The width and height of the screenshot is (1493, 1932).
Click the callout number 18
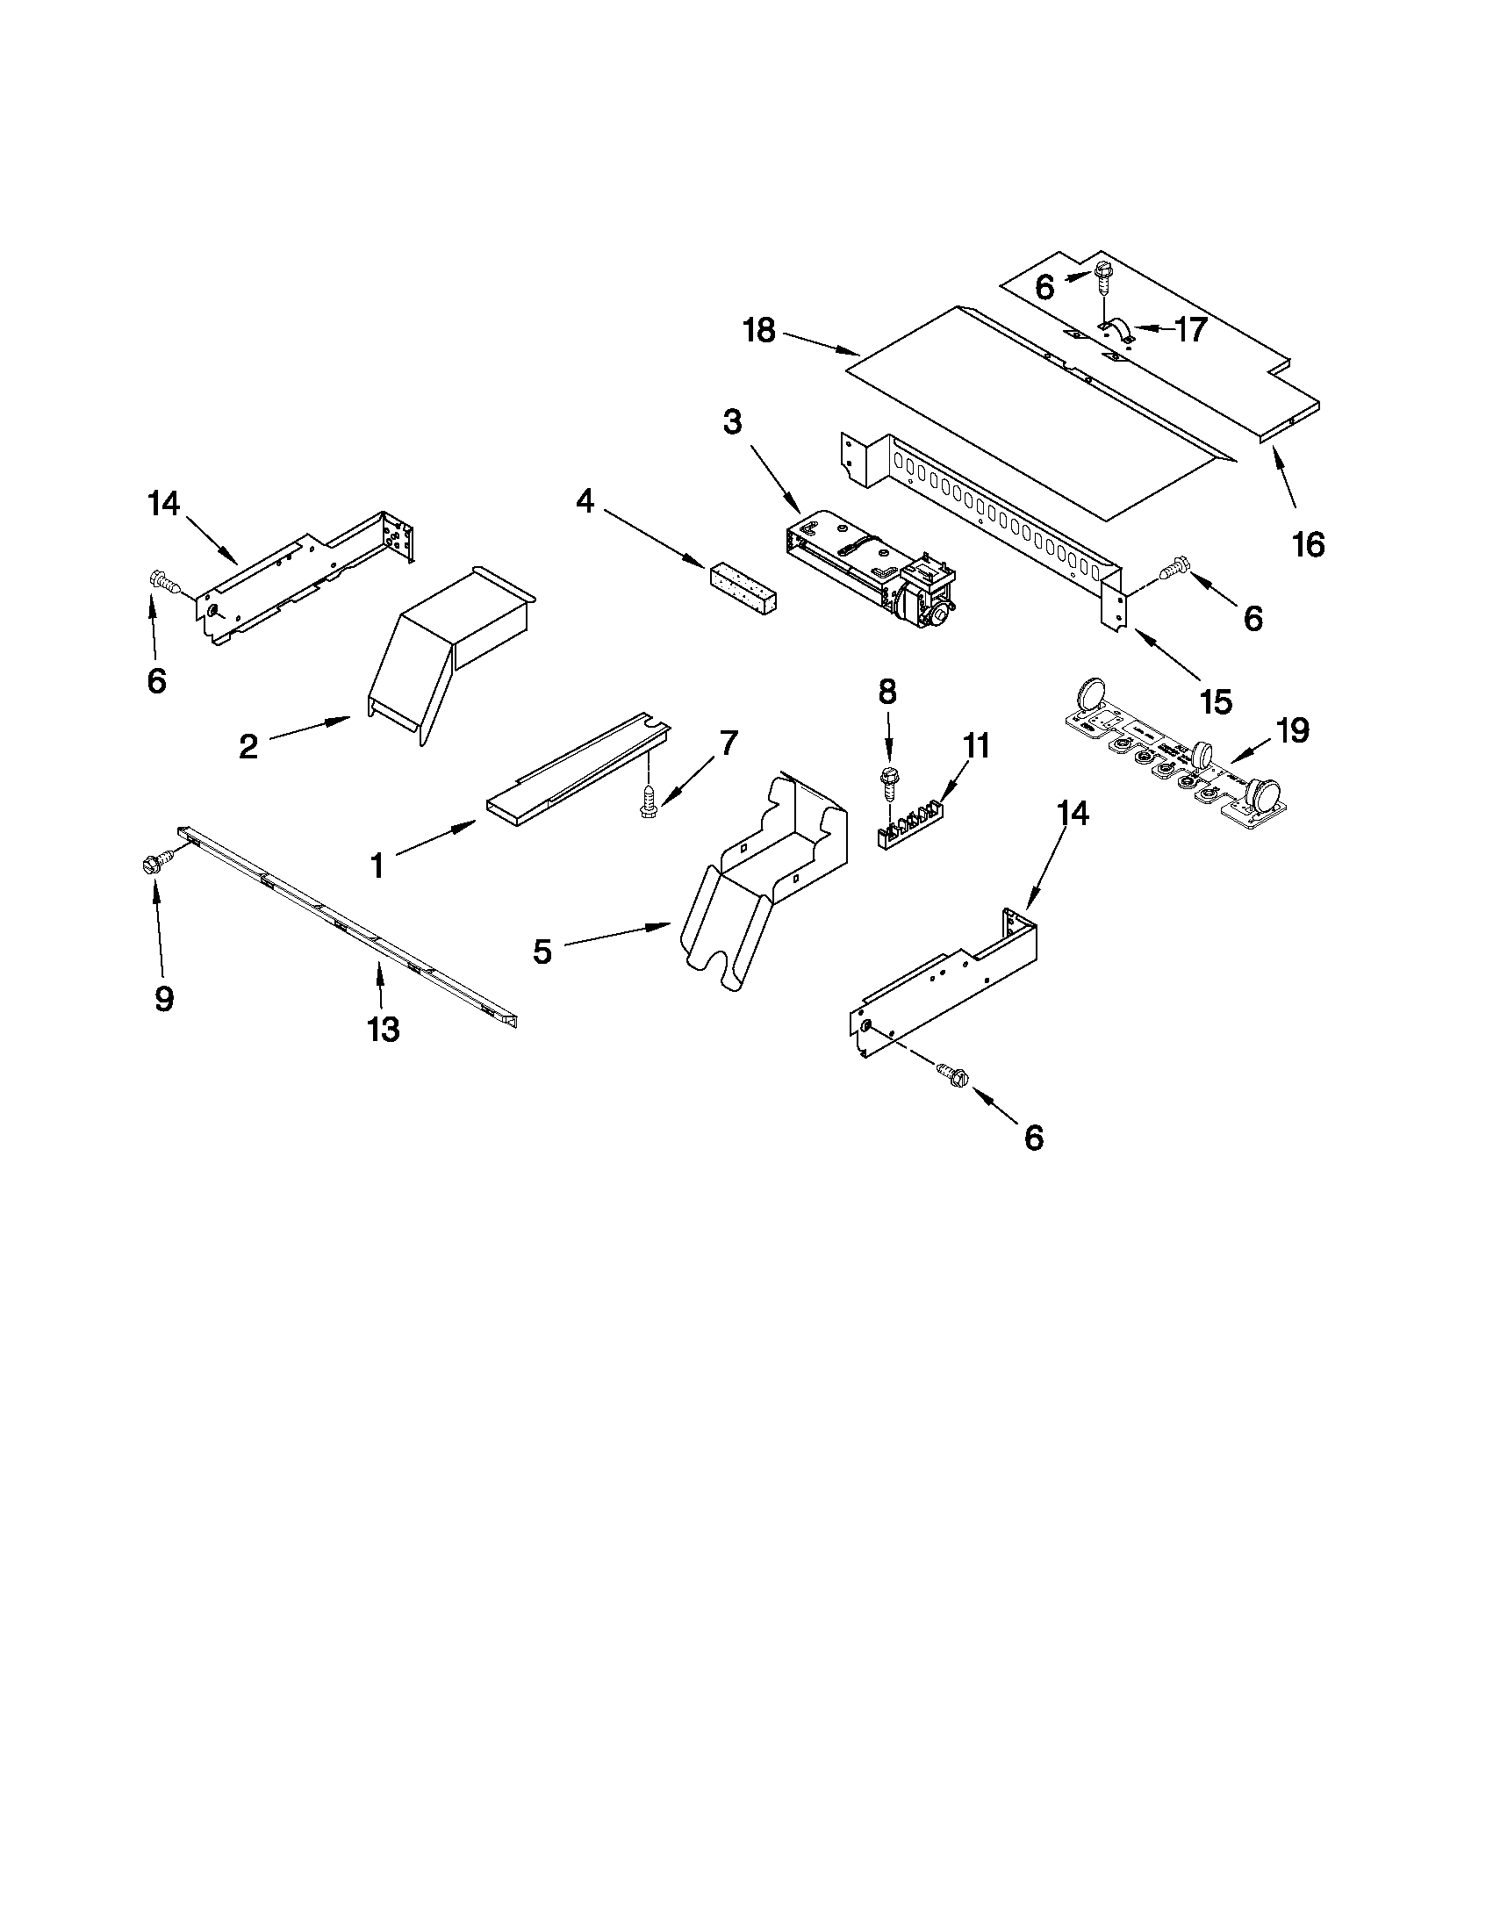(759, 331)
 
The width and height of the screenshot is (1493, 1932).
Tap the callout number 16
(1308, 544)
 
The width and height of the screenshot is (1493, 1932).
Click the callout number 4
(585, 501)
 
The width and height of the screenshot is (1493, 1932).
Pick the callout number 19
(1292, 730)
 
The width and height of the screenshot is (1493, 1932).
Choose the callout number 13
(384, 1029)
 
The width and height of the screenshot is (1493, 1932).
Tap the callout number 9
(163, 999)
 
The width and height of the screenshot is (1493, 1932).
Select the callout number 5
(542, 952)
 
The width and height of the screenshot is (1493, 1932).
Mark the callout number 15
(1217, 701)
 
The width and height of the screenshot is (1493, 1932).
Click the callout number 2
(248, 747)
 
